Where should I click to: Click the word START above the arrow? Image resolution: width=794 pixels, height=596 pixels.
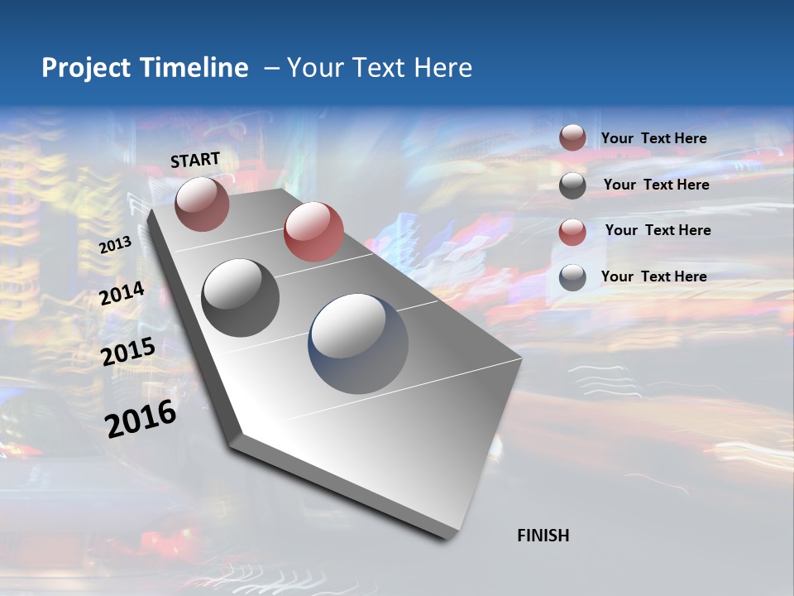pyautogui.click(x=195, y=160)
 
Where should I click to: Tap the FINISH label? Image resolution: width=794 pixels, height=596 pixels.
pyautogui.click(x=543, y=536)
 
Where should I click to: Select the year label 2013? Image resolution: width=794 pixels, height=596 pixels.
pyautogui.click(x=116, y=245)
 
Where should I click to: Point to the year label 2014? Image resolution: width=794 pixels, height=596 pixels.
pyautogui.click(x=122, y=293)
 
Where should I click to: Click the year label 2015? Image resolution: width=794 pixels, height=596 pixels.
pyautogui.click(x=128, y=353)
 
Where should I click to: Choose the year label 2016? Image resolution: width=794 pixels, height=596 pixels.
pyautogui.click(x=141, y=419)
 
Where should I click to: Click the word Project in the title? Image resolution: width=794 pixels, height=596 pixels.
pyautogui.click(x=88, y=68)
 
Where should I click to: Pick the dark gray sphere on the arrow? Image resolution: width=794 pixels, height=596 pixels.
pyautogui.click(x=241, y=298)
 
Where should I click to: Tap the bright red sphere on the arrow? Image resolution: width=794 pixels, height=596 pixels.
pyautogui.click(x=313, y=232)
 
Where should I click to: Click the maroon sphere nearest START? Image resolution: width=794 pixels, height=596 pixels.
pyautogui.click(x=203, y=204)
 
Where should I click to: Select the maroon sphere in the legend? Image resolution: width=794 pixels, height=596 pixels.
pyautogui.click(x=572, y=137)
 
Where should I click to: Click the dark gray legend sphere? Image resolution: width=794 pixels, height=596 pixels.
pyautogui.click(x=572, y=185)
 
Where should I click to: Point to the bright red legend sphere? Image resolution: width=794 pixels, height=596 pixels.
pyautogui.click(x=572, y=232)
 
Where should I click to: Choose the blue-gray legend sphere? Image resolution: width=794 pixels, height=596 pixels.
pyautogui.click(x=572, y=277)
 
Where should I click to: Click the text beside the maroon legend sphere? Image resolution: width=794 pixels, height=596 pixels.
pyautogui.click(x=653, y=138)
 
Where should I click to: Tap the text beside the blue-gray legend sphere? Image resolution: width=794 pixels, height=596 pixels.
pyautogui.click(x=653, y=276)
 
